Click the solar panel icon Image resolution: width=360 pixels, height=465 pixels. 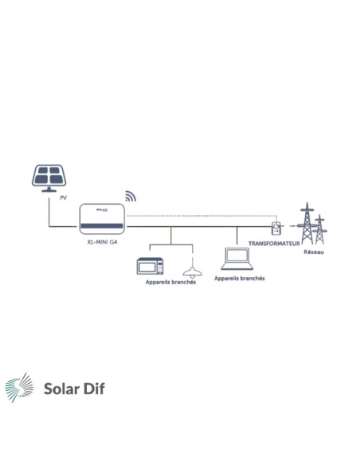tap(49, 178)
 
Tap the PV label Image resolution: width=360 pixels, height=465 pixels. tap(63, 197)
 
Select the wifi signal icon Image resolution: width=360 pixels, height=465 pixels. tap(131, 196)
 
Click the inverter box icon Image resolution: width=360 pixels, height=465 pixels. tap(102, 219)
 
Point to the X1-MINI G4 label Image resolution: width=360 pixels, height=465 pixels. tap(102, 242)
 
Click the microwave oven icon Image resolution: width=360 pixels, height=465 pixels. tap(150, 266)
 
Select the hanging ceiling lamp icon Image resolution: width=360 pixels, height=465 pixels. tap(193, 268)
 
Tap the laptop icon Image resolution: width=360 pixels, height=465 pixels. tap(237, 259)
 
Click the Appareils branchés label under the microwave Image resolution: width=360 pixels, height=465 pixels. tap(170, 282)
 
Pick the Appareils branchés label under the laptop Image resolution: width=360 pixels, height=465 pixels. tap(240, 279)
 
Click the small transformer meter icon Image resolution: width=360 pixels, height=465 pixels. tap(276, 228)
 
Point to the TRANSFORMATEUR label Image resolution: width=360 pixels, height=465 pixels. tap(274, 244)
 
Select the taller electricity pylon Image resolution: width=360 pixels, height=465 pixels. tap(307, 223)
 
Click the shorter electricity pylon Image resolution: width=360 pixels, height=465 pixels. tap(319, 229)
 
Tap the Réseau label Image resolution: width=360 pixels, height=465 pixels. tap(314, 252)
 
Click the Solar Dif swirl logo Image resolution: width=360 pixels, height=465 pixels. tap(19, 388)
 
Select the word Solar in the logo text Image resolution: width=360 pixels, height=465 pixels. tap(61, 389)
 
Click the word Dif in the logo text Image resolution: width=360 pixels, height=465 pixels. tap(94, 389)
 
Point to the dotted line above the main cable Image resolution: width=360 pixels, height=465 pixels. tap(202, 216)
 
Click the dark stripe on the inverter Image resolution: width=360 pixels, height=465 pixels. tap(102, 226)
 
